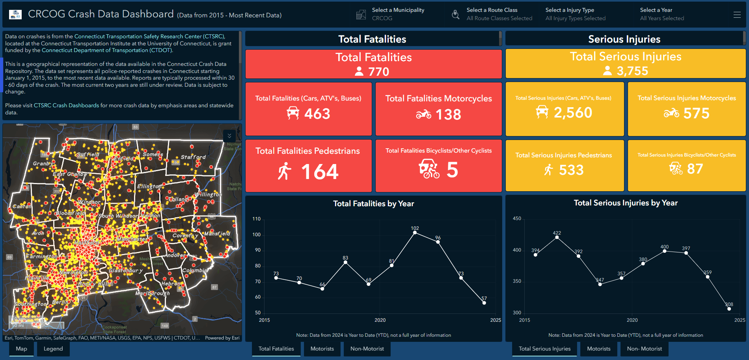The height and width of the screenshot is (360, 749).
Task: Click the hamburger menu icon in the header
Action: [x=737, y=15]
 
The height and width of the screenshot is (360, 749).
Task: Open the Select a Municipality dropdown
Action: [x=398, y=14]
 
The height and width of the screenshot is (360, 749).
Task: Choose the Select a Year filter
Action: [x=662, y=14]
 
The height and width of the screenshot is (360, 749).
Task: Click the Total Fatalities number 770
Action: [x=378, y=72]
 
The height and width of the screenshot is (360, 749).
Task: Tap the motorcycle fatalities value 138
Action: [x=448, y=115]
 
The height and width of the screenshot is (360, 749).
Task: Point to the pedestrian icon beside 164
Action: [x=284, y=172]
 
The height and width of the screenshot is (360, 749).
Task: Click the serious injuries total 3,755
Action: [x=632, y=71]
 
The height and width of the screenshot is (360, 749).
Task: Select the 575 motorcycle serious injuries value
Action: [x=696, y=114]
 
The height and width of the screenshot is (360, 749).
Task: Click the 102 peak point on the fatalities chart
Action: [x=415, y=233]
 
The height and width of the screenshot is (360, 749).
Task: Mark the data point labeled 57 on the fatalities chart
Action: [x=484, y=303]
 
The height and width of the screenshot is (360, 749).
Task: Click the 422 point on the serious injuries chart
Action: [x=557, y=237]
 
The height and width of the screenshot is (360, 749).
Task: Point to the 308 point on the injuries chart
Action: [x=729, y=309]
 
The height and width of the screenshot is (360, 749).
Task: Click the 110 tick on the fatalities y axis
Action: [x=256, y=219]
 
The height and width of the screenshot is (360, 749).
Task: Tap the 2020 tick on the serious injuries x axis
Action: [x=632, y=320]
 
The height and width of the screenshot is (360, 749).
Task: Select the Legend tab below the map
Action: [x=53, y=349]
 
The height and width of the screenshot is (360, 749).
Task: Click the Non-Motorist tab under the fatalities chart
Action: [x=367, y=349]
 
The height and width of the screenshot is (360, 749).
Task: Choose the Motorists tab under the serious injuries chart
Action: [x=598, y=349]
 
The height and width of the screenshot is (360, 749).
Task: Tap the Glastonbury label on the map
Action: [x=125, y=270]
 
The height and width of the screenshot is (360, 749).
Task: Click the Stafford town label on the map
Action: [x=193, y=157]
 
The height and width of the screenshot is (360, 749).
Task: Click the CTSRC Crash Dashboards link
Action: [x=66, y=106]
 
